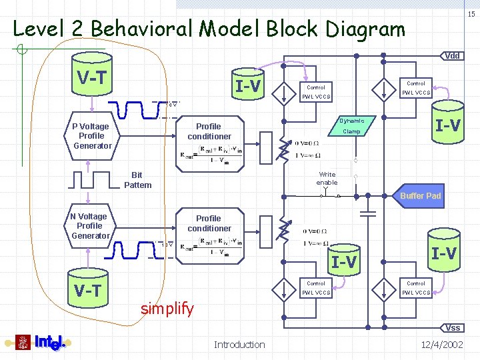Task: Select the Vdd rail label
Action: [x=452, y=56]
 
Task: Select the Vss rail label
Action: [x=453, y=327]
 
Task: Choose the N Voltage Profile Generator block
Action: [x=91, y=226]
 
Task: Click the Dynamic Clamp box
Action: [x=351, y=126]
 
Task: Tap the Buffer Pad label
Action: [x=420, y=196]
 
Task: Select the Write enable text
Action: [x=327, y=178]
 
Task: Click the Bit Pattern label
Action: [x=138, y=180]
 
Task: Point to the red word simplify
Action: [x=167, y=309]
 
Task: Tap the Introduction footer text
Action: [x=239, y=344]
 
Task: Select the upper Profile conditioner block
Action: [x=209, y=131]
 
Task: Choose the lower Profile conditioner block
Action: [x=209, y=223]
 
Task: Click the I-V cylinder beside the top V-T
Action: [x=248, y=85]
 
